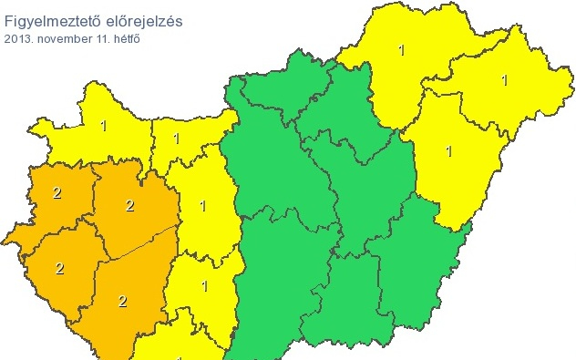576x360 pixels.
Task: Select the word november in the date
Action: coord(61,38)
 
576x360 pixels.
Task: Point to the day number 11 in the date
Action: coord(98,38)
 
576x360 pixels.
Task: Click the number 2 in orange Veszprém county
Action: coord(129,206)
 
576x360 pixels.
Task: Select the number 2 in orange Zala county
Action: coord(59,268)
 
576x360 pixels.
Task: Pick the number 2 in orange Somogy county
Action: coord(121,301)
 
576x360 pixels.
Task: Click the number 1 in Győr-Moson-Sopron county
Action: coord(103,125)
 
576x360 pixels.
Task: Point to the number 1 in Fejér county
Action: coord(203,206)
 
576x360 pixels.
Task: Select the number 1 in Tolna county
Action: coord(204,287)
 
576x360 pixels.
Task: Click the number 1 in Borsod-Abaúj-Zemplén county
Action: coord(401,50)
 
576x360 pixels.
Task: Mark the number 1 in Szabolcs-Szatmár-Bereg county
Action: coord(504,80)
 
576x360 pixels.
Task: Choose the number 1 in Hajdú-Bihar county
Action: coord(448,151)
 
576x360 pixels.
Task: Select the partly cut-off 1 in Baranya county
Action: coord(179,356)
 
